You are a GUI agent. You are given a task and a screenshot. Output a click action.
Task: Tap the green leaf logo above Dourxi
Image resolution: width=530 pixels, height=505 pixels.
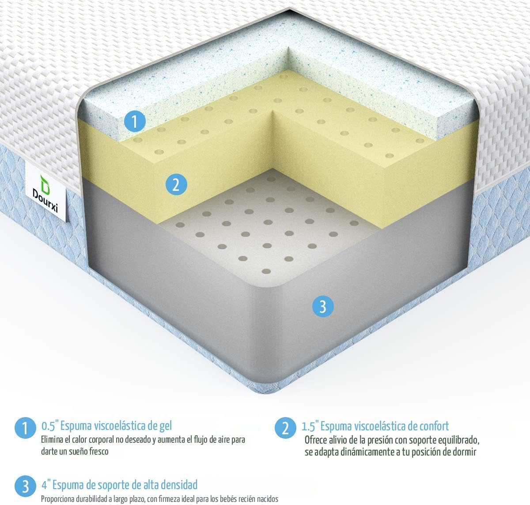(45, 181)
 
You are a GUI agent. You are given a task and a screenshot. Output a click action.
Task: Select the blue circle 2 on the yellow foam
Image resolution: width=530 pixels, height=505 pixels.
(176, 184)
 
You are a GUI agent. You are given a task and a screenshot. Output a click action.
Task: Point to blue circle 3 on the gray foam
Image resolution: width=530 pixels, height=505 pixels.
(322, 306)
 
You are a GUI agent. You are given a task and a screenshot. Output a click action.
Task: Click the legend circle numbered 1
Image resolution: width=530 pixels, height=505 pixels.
(25, 428)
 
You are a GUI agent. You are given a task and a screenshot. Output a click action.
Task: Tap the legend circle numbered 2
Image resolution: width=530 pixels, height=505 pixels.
(285, 428)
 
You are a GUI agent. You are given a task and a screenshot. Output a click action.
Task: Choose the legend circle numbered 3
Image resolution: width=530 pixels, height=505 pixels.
(25, 486)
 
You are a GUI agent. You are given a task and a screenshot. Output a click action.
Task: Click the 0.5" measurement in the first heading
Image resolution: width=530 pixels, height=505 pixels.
(49, 426)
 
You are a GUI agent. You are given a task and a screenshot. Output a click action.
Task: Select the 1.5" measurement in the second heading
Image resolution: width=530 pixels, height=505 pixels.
(310, 426)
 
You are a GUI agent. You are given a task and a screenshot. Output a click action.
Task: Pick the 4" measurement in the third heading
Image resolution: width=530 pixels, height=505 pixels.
(46, 485)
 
